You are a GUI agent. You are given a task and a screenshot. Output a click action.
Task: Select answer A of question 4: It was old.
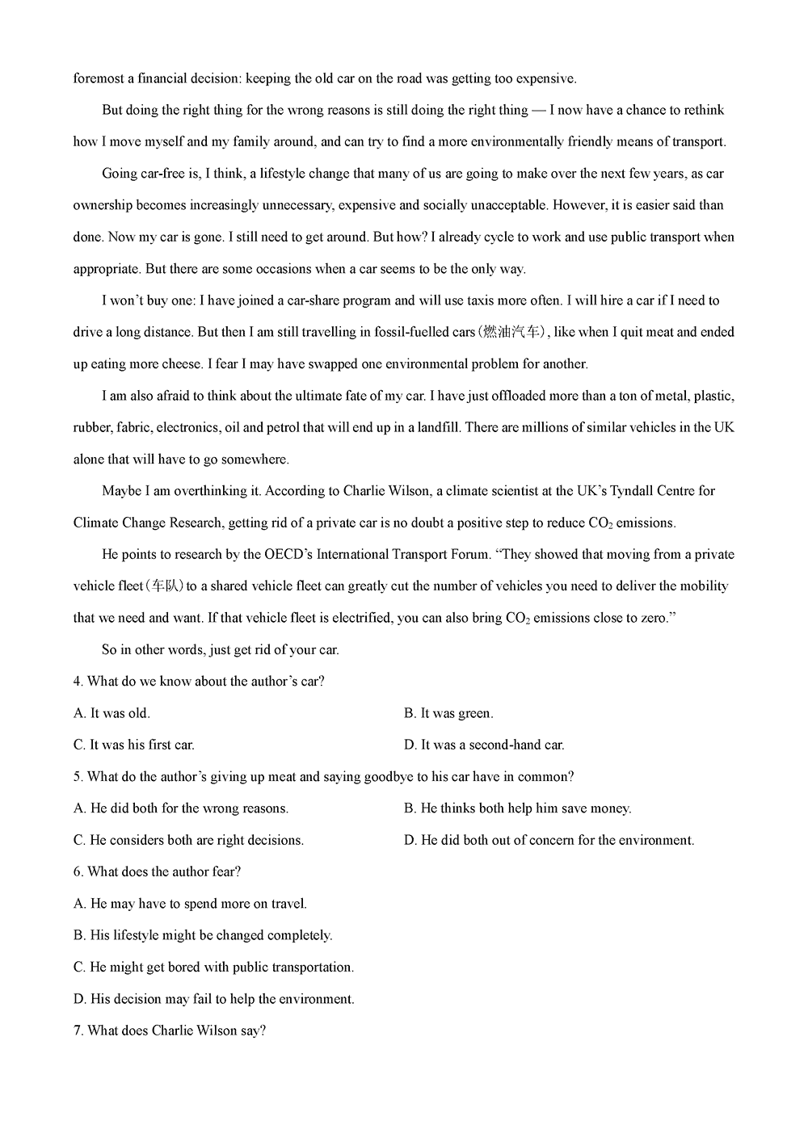(112, 713)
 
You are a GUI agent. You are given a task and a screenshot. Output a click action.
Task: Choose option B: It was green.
(448, 713)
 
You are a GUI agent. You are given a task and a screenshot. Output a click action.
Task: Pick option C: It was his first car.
(134, 745)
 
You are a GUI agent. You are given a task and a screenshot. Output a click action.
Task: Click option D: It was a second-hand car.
(484, 745)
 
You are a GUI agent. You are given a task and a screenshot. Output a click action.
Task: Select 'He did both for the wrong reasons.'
(181, 808)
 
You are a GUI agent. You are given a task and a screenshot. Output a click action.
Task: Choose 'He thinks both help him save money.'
(518, 808)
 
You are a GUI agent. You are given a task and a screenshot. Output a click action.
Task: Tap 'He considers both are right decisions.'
(188, 840)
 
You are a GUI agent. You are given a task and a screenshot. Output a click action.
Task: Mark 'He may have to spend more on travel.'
(190, 904)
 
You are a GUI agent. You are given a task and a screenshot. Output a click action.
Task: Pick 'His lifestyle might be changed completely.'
(203, 935)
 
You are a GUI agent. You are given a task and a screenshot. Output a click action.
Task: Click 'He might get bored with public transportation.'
(213, 967)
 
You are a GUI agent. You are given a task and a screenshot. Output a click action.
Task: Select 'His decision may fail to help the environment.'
(214, 999)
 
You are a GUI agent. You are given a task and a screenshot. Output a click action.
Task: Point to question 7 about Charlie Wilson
(170, 1031)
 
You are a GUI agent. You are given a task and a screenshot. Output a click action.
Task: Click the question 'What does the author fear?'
(158, 871)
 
